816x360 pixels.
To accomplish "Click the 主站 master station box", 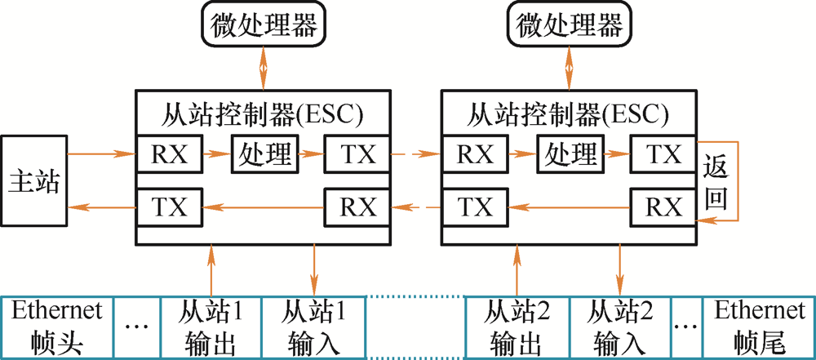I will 33,180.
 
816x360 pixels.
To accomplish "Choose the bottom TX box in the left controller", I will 169,207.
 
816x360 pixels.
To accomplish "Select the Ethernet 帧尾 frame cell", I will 759,325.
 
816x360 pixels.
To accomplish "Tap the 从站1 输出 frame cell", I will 211,325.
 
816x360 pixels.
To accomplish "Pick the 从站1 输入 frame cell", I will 314,325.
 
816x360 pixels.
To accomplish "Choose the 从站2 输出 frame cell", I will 517,325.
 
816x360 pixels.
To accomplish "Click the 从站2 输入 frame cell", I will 620,325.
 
